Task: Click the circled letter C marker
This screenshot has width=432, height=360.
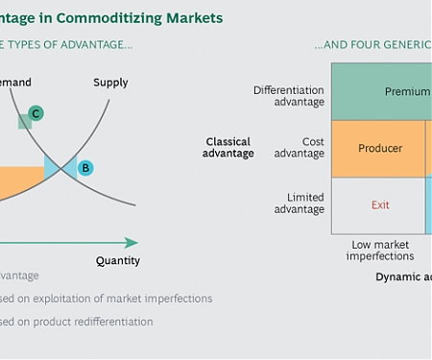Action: [36, 113]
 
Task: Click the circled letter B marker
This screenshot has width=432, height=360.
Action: [84, 168]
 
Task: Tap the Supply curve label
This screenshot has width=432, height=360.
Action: [110, 83]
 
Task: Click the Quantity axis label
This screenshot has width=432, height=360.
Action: [118, 260]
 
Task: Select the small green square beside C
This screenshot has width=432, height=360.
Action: [24, 122]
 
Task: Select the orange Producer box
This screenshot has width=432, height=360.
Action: [379, 148]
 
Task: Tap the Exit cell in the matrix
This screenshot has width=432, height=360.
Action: [379, 205]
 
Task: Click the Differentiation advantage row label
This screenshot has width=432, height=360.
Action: [288, 96]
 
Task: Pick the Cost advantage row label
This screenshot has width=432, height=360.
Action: [299, 148]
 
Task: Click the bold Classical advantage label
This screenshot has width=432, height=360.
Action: [229, 147]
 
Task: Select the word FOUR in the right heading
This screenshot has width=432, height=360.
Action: [350, 45]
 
